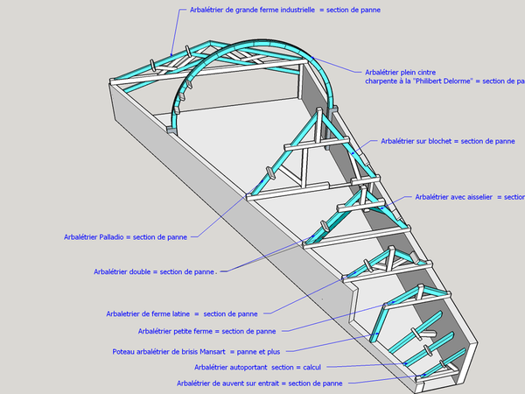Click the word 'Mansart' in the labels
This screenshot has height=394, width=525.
(221, 350)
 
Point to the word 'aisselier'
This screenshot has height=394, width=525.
(474, 197)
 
